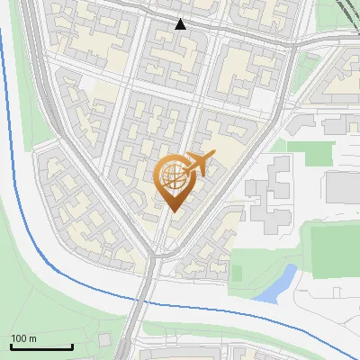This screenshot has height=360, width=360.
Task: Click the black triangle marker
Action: (x=181, y=24)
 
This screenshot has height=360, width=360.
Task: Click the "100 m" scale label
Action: (x=22, y=338)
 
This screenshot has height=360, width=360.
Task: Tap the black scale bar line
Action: (x=41, y=346)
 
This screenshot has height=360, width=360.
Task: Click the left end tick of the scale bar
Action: (x=11, y=345)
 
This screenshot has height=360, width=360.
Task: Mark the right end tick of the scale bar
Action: (x=72, y=345)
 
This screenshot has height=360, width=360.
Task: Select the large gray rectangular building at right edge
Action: (x=343, y=186)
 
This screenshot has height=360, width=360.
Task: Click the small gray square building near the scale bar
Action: (x=104, y=338)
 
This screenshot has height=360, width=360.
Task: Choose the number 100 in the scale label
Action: (x=18, y=338)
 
